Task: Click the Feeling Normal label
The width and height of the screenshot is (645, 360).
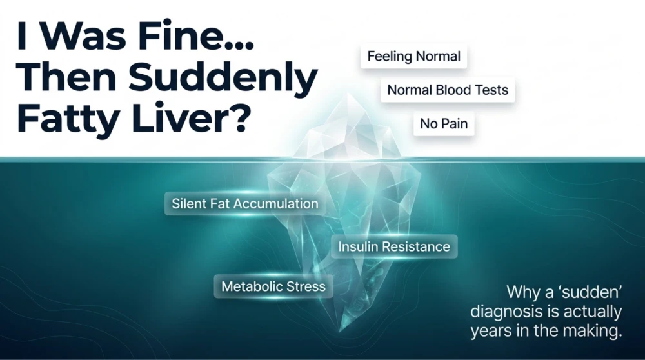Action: coord(413,56)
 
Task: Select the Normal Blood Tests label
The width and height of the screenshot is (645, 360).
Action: coord(448,90)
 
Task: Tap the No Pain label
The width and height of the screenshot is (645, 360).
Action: coord(444,123)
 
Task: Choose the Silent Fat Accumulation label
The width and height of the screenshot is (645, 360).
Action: coord(244,203)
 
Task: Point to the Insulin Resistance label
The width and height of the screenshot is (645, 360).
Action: coord(394,246)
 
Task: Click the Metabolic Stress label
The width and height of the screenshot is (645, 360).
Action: coord(273,286)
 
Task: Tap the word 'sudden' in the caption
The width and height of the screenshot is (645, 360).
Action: coord(591,292)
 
